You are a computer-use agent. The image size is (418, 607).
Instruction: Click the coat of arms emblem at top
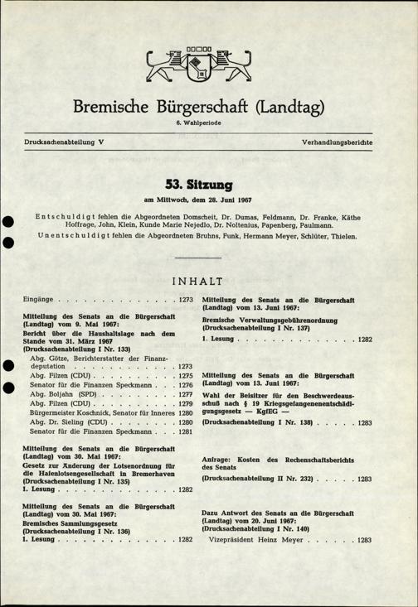(208, 68)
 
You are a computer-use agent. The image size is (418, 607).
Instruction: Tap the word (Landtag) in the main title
(295, 108)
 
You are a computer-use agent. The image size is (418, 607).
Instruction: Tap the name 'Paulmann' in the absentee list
(335, 224)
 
